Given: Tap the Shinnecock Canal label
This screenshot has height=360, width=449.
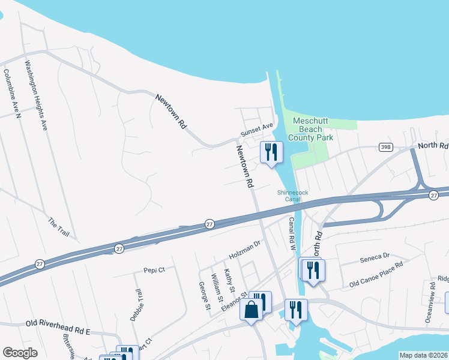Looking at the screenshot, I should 288,196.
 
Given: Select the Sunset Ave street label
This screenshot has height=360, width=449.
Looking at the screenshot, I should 257,130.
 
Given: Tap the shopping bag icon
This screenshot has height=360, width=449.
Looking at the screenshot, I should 251,310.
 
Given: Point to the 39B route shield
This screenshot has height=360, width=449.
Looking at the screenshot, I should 385,146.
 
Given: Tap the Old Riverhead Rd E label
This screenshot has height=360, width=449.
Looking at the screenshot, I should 58,323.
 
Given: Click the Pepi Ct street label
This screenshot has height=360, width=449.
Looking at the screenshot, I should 154,270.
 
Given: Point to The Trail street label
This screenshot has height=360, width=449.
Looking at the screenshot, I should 59,227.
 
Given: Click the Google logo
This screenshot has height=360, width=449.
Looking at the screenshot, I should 20,352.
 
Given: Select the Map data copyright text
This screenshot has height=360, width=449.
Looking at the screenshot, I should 423,355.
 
